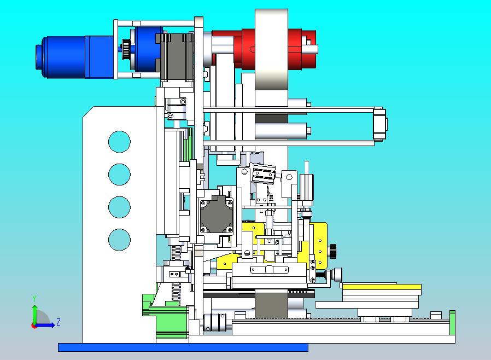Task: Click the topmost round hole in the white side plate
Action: point(119,142)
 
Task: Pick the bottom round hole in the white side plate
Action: point(119,240)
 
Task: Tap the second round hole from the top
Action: point(119,175)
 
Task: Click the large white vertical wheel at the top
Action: point(271,56)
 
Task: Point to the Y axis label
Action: point(34,298)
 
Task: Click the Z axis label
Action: point(59,322)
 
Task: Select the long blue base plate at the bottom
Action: point(183,347)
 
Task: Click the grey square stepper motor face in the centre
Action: point(217,216)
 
